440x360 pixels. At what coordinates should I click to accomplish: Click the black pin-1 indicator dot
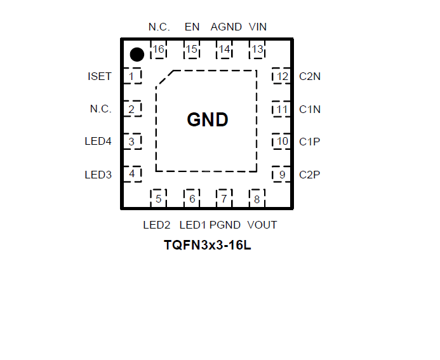coord(137,55)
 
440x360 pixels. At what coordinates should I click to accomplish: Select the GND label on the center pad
coord(208,120)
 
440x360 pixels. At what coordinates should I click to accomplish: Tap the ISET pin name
coord(100,77)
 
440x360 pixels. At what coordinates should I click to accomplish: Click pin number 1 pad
coord(131,77)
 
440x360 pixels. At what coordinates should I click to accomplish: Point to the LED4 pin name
coord(98,142)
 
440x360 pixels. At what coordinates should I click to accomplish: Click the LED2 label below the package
coord(157,225)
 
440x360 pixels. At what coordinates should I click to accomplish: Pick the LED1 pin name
coord(193,225)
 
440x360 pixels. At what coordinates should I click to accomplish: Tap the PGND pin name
coord(225,225)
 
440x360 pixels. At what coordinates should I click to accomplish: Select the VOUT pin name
coord(262,225)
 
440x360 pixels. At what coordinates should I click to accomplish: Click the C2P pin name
coord(310,175)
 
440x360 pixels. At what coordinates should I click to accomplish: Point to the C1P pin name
coord(310,142)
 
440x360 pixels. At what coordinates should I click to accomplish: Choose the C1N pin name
coord(310,109)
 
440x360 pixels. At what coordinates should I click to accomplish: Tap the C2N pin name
coord(310,77)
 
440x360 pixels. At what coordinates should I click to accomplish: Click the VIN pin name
coord(258,27)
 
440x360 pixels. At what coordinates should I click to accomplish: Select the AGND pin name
coord(226,27)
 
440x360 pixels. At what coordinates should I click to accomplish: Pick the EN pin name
coord(192,27)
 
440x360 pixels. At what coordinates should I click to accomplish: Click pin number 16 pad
coord(158,50)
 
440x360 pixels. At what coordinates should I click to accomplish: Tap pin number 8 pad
coord(257,199)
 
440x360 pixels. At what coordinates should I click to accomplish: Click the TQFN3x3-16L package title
coord(208,245)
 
